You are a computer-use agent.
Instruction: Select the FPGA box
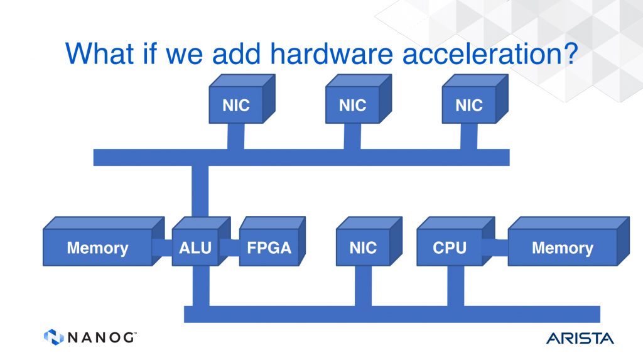pos(273,242)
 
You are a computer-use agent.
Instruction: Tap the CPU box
pos(455,242)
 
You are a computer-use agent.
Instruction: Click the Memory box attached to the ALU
pos(104,242)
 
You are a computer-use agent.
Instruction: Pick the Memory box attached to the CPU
pos(568,242)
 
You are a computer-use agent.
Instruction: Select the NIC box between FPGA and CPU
pos(369,242)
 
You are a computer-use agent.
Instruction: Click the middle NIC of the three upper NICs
pos(359,99)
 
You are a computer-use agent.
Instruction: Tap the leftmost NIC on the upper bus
pos(242,99)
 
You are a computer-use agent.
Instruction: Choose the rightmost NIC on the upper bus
pos(475,99)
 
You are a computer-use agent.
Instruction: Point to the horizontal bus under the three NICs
pos(301,157)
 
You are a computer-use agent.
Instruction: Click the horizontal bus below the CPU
pos(392,314)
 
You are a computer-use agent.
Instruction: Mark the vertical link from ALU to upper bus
pos(200,191)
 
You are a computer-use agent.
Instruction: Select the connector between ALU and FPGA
pos(229,248)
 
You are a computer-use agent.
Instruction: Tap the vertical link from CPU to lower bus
pos(456,286)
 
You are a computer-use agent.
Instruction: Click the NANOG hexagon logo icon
pos(54,337)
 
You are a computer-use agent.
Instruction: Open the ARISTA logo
pos(580,338)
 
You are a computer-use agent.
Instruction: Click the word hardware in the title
pos(332,54)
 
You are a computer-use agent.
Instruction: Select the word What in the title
pos(100,53)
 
